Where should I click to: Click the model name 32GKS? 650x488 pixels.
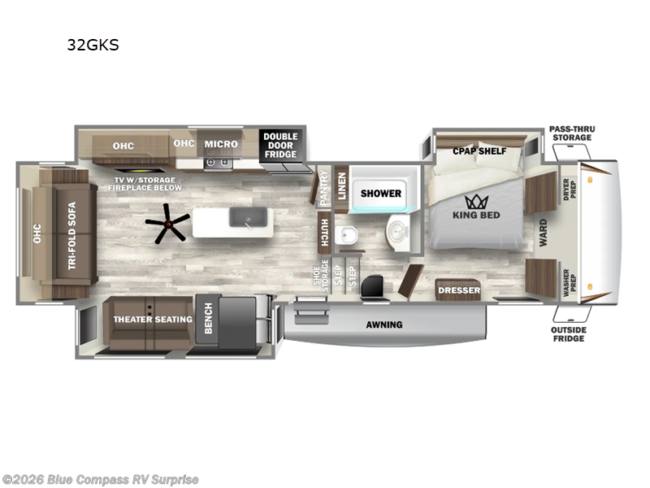click(93, 45)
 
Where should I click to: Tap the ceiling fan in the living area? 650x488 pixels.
click(167, 224)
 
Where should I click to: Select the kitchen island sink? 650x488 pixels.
click(249, 217)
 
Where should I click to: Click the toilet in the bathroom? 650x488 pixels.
click(347, 236)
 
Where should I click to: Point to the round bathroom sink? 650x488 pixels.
click(397, 231)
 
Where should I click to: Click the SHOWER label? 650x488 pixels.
click(381, 194)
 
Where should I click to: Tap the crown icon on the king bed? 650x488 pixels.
click(476, 202)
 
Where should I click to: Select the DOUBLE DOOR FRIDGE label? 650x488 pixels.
click(280, 146)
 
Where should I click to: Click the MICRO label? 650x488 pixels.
click(221, 144)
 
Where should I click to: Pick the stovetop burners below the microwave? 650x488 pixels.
click(218, 163)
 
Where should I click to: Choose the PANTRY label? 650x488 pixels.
click(323, 187)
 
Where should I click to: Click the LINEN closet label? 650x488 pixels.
click(341, 186)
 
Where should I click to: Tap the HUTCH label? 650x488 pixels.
click(324, 233)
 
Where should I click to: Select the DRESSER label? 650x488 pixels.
click(459, 290)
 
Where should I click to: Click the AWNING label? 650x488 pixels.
click(384, 325)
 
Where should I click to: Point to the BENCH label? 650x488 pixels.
click(208, 318)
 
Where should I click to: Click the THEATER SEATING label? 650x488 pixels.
click(153, 319)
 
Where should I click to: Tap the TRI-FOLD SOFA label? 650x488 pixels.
click(72, 236)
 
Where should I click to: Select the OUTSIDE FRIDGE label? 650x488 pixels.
click(569, 334)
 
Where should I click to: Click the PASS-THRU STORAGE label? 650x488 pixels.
click(572, 133)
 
